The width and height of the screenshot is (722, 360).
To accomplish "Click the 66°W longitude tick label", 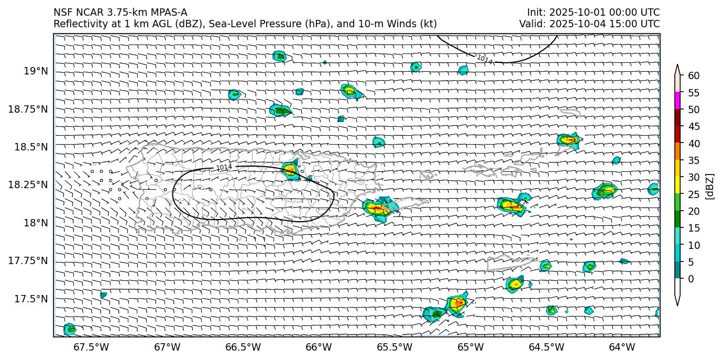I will (319, 347).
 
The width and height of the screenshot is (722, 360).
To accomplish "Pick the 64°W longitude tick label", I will (622, 347).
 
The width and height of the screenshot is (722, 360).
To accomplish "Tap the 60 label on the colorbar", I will (694, 76).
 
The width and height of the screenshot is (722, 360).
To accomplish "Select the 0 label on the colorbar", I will (691, 279).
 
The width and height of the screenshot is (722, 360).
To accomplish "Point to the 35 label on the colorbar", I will (694, 160).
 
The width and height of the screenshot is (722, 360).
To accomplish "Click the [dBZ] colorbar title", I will (710, 186).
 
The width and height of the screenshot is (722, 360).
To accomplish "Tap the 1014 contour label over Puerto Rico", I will (224, 167).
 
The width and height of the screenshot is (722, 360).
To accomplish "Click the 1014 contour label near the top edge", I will (485, 60).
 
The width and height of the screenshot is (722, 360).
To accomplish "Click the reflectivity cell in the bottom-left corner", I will (69, 329).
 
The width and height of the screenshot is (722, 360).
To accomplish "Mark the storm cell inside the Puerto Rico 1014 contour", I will (290, 169).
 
